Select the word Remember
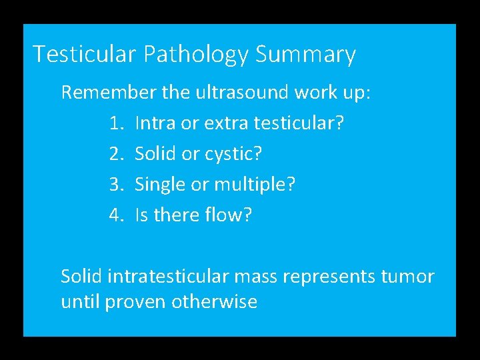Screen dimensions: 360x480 pyautogui.click(x=109, y=92)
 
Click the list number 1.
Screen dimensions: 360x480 pyautogui.click(x=115, y=123)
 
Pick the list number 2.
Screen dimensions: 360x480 pyautogui.click(x=115, y=154)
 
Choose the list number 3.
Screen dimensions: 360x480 pyautogui.click(x=115, y=185)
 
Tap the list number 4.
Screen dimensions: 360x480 pyautogui.click(x=115, y=215)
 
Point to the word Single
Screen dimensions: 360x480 pyautogui.click(x=161, y=185)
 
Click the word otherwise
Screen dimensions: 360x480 pyautogui.click(x=214, y=302)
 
